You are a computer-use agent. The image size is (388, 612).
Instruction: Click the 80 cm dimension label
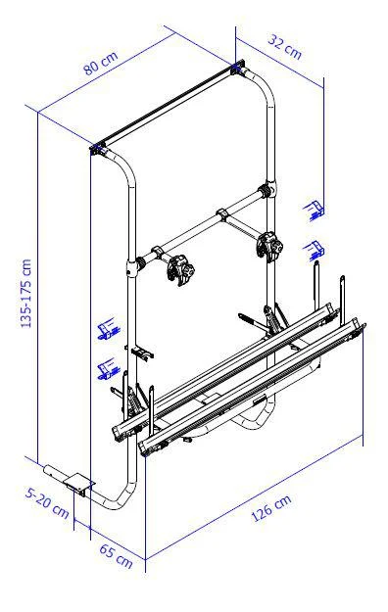click(x=100, y=64)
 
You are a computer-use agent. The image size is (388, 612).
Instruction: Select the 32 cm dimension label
click(x=285, y=47)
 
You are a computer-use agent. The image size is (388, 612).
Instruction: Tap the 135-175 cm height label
click(x=26, y=293)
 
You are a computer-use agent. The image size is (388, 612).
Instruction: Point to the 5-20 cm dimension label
click(x=47, y=502)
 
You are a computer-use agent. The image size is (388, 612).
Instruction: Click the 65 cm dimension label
click(x=116, y=556)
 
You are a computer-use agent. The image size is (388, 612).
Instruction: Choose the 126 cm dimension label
click(x=271, y=508)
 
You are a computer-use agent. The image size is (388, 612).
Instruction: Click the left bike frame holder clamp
click(x=181, y=270)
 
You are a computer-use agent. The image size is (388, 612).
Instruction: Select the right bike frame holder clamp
click(x=269, y=245)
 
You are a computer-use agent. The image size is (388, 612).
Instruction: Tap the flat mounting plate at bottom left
click(x=78, y=485)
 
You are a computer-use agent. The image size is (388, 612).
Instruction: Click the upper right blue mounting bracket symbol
click(x=315, y=210)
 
